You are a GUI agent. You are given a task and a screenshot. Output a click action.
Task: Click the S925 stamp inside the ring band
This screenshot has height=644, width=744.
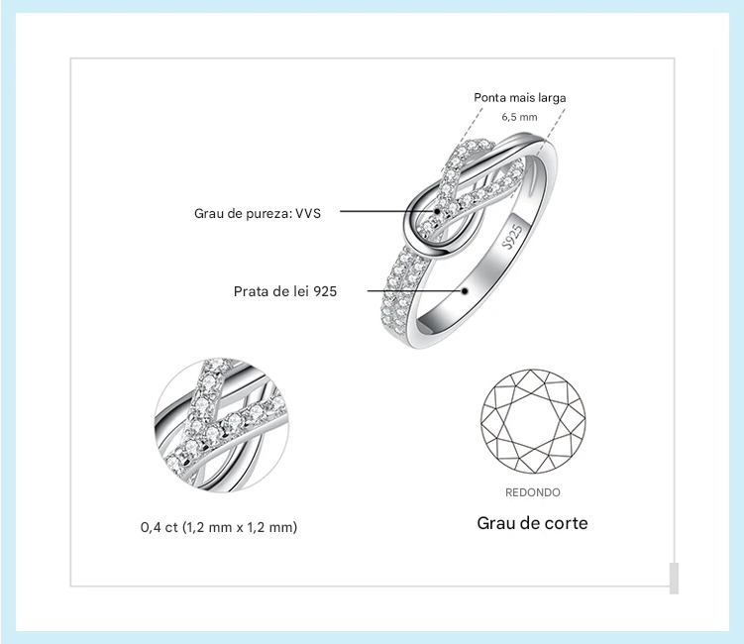(x=513, y=236)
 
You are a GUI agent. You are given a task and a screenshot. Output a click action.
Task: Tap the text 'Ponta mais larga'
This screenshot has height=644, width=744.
(x=519, y=98)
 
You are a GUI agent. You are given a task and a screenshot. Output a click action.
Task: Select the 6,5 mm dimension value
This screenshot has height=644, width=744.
(x=519, y=117)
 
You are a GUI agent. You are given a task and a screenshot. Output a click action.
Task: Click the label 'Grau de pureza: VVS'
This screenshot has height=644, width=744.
(x=258, y=213)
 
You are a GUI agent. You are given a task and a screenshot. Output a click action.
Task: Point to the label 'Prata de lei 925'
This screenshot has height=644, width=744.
(x=285, y=291)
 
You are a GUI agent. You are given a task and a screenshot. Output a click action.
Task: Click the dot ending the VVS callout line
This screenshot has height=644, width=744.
(x=437, y=211)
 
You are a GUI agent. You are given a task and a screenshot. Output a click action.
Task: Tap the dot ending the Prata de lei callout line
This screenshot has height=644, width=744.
(x=465, y=291)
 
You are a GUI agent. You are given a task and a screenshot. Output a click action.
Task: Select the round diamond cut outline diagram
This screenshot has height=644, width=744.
(x=533, y=421)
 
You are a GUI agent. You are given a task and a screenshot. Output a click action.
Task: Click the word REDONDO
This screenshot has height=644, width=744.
(x=532, y=492)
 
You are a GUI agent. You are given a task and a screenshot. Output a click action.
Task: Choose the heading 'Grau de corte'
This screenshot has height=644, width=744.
(x=532, y=522)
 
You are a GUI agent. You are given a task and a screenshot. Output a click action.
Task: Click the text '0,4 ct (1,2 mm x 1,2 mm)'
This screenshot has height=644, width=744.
(x=219, y=527)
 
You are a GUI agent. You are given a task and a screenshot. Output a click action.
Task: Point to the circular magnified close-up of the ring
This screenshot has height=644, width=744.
(x=221, y=425)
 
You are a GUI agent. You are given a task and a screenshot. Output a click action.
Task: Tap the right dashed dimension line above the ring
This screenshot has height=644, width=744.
(x=553, y=124)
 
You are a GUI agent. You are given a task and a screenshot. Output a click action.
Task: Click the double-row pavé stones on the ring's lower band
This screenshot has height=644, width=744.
(x=401, y=289)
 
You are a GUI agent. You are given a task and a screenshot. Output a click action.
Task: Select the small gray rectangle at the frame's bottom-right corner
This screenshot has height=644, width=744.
(x=674, y=578)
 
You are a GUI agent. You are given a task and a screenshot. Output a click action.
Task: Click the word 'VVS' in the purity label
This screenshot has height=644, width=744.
(x=308, y=213)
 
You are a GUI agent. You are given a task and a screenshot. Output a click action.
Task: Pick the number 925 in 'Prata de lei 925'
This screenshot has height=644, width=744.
(x=325, y=291)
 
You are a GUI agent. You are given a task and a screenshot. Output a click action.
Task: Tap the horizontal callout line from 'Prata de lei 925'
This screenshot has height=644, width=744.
(x=415, y=291)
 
